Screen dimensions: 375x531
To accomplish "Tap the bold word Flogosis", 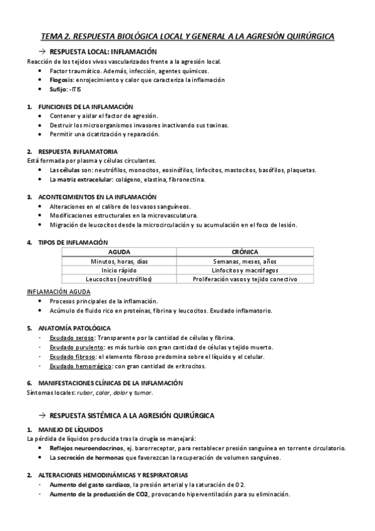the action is click(x=62, y=80).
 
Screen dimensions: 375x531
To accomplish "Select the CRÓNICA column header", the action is click(x=245, y=252).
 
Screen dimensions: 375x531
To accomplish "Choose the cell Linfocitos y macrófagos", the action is click(x=245, y=270).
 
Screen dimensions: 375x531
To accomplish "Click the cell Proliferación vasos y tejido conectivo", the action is click(x=245, y=279).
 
